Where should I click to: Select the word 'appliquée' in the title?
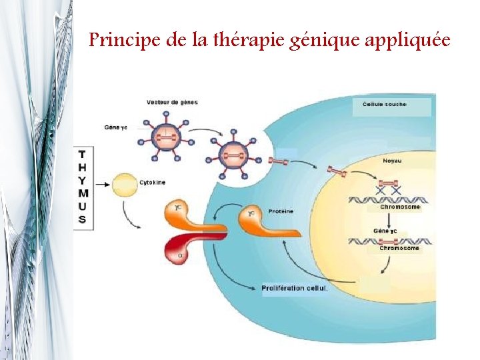tap(409, 41)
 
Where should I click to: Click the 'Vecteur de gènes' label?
tap(172, 102)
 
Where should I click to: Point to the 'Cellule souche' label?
tap(385, 105)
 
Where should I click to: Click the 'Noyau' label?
tap(392, 161)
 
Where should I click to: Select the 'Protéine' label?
tap(279, 211)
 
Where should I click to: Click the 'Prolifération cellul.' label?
tap(295, 288)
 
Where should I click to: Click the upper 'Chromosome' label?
tap(400, 207)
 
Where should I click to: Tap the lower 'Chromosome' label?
tap(399, 248)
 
